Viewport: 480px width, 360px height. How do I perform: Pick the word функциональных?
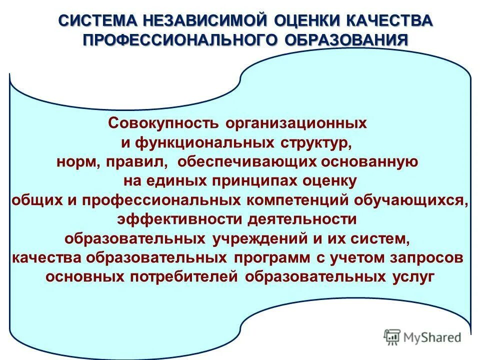point(202,142)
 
